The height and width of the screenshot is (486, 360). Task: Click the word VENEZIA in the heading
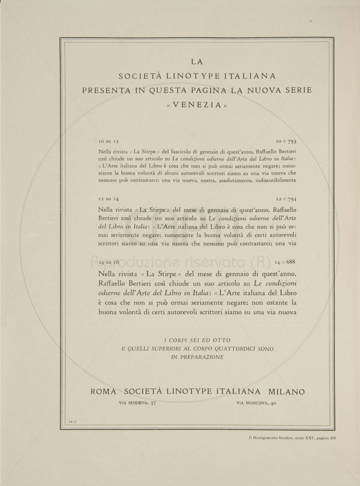(x=196, y=105)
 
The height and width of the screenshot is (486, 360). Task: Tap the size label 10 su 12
(x=108, y=141)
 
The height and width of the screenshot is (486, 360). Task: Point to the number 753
(x=292, y=141)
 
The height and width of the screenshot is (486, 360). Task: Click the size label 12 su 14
(x=108, y=199)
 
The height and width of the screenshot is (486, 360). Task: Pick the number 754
(x=292, y=199)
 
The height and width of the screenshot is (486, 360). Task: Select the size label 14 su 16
(x=109, y=262)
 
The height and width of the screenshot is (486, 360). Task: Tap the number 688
(x=290, y=262)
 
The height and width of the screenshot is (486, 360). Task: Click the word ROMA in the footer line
(x=103, y=392)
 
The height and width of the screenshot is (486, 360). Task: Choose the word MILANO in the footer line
(x=286, y=392)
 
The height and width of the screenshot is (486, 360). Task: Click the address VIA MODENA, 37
(x=138, y=403)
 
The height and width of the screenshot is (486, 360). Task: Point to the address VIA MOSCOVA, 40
(x=256, y=403)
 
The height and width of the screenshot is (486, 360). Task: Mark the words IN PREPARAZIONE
(x=197, y=357)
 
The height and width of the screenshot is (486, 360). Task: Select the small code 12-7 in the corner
(x=73, y=422)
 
